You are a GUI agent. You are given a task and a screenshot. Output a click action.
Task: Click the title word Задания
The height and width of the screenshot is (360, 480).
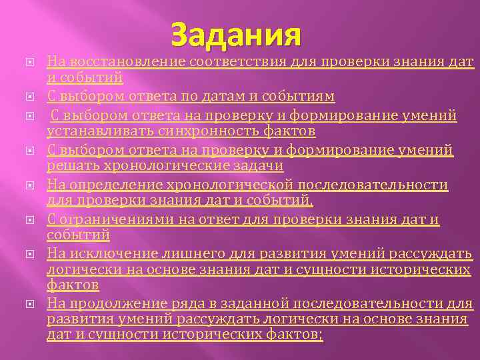point(236,35)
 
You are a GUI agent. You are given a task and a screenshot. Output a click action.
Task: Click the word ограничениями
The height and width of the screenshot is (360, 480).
point(109,219)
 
